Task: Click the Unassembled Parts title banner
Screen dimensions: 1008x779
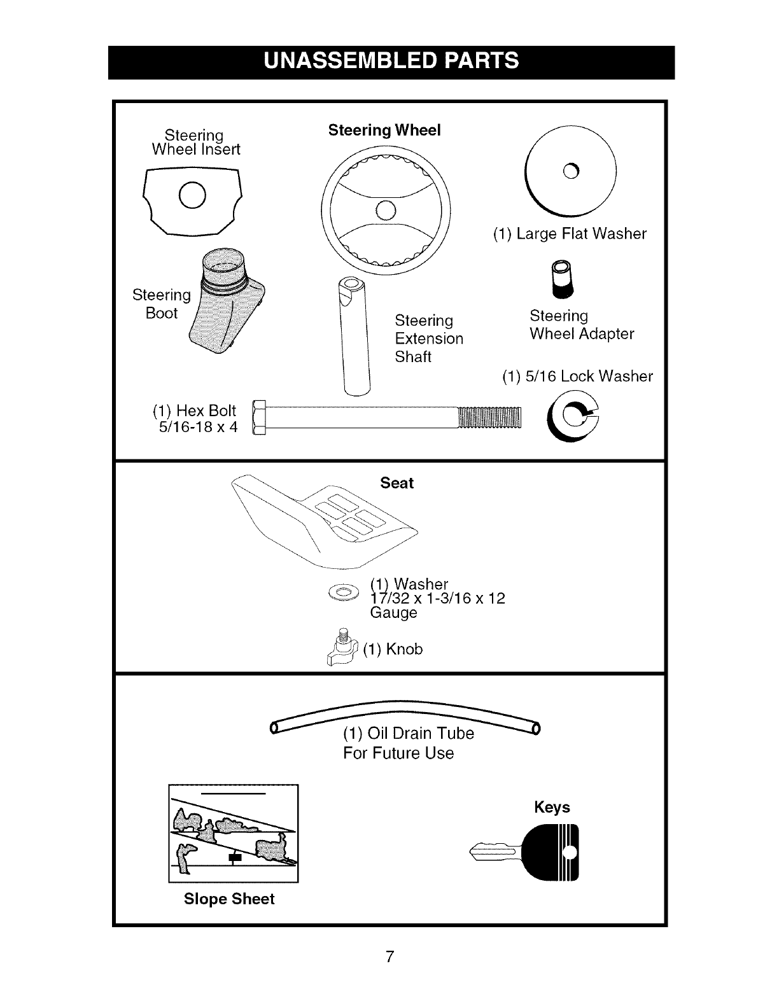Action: (391, 62)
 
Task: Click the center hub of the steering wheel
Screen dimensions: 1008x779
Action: (386, 210)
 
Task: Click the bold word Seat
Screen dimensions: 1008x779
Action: (397, 483)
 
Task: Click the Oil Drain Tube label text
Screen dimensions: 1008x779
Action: (409, 733)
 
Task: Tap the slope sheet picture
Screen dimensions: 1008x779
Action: (233, 834)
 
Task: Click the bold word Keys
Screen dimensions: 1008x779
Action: (552, 807)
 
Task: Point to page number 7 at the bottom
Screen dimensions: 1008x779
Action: (390, 956)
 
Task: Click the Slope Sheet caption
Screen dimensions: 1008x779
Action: (229, 899)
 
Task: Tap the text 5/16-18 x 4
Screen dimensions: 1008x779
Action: (197, 427)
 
